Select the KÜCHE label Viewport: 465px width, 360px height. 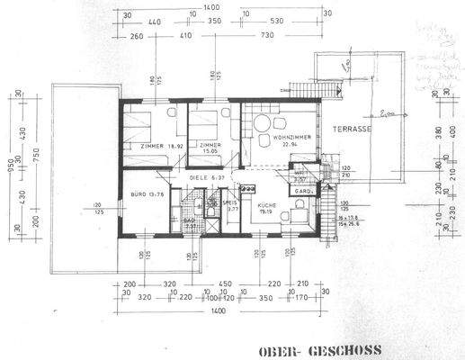click(x=266, y=206)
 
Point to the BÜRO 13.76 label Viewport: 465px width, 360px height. click(x=147, y=194)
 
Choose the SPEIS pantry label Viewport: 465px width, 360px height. click(x=228, y=206)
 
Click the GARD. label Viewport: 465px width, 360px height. click(x=304, y=192)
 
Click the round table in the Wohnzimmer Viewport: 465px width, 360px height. click(x=263, y=124)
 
